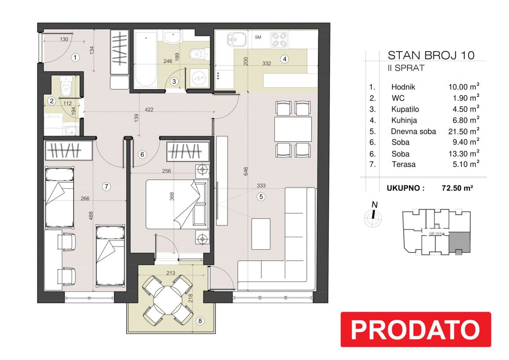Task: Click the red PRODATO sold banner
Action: tap(415, 329)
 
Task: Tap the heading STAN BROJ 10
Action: tap(431, 55)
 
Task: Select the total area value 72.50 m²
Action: tap(457, 188)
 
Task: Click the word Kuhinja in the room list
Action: tap(404, 121)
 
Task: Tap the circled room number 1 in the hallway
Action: tap(75, 58)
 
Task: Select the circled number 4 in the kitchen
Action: tap(285, 59)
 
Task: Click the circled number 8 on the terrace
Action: tap(200, 321)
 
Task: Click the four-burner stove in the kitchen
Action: tap(279, 39)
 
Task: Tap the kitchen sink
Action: tap(236, 40)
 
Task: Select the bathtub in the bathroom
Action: tap(146, 59)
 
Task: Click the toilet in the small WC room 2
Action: tap(66, 87)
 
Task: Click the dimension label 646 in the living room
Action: tap(246, 172)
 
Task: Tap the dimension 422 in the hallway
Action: tap(149, 109)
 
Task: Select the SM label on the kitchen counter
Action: tap(258, 37)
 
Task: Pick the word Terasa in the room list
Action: tap(403, 164)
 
